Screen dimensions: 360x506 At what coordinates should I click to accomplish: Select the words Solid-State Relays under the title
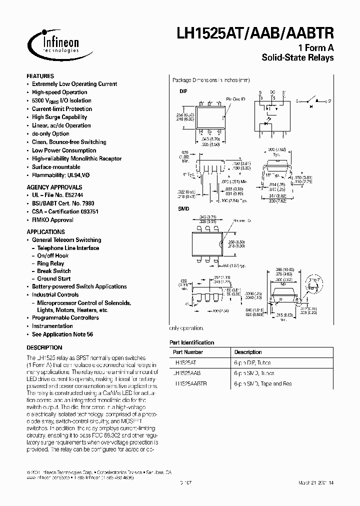coord(297,58)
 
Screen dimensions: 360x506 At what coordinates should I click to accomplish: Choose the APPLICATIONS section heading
coord(45,232)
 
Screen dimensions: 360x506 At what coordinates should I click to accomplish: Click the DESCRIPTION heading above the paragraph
coord(44,347)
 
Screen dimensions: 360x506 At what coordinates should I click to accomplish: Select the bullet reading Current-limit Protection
coord(62,109)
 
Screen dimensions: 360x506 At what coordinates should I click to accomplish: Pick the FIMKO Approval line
coord(52,220)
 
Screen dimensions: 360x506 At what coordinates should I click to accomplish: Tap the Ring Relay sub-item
coord(50,263)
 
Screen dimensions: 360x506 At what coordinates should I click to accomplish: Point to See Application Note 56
coord(62,334)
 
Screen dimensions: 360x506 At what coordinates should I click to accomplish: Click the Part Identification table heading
coord(192,342)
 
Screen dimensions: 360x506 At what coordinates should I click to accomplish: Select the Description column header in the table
coord(247,352)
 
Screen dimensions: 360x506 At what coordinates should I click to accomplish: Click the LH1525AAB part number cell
coord(189,373)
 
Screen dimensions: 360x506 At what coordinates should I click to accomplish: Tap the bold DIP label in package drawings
coord(183,92)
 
